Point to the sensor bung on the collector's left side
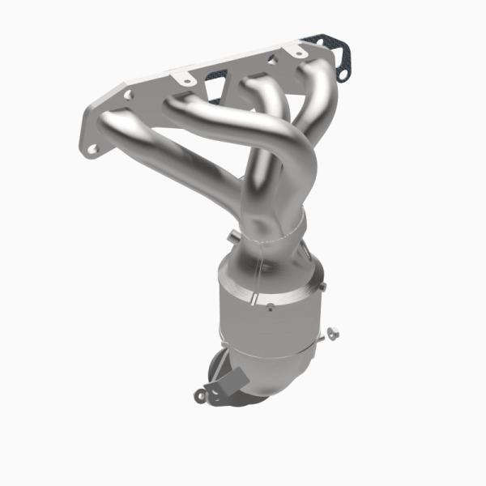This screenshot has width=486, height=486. point(235,236)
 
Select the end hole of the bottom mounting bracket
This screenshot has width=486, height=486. point(199,395)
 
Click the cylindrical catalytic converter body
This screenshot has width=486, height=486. point(267,316)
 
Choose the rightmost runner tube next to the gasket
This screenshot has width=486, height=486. point(312,89)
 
